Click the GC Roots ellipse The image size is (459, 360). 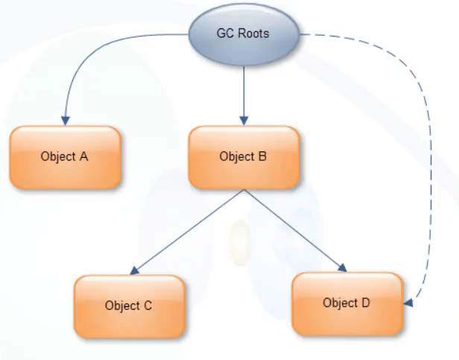pos(242,34)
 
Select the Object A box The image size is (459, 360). pos(65,157)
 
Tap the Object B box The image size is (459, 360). pos(244,157)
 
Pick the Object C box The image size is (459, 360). pos(129,306)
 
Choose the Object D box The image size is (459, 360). pos(347,303)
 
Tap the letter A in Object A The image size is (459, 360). pos(84,157)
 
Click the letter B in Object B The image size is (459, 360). pos(262,157)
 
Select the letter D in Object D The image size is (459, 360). pos(366,303)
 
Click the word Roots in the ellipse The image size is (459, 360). pos(253,34)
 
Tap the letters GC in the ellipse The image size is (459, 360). pos(224,34)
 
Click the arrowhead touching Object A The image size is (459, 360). pos(66,120)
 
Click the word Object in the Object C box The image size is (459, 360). pos(122,306)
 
